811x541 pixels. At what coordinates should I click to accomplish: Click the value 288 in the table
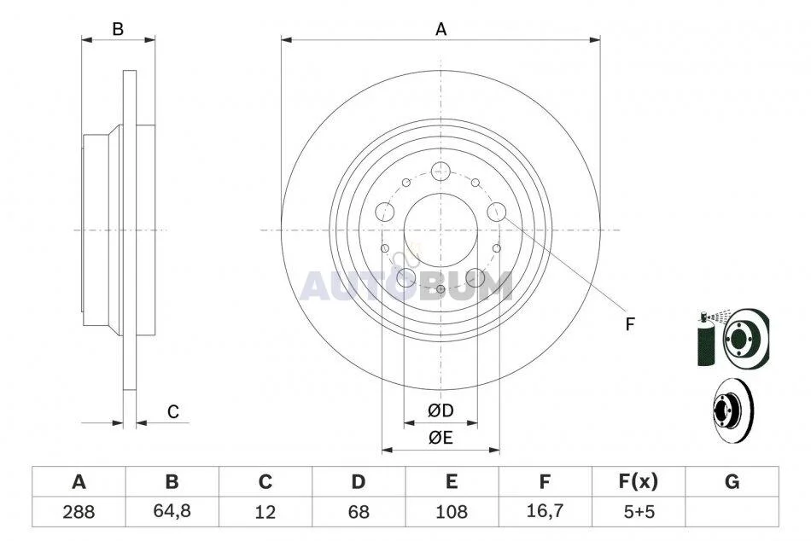79,512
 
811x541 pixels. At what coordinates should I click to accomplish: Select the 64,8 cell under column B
172,511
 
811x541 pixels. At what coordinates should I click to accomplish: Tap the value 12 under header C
265,512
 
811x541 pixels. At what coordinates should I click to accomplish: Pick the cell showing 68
359,512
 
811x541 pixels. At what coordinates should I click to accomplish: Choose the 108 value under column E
452,512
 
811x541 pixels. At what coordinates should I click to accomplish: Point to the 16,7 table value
545,511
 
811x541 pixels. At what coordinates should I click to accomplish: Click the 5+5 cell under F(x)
639,512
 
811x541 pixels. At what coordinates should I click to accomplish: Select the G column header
732,482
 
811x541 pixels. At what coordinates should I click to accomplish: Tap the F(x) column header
639,482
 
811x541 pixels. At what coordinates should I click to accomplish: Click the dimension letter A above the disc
441,30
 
